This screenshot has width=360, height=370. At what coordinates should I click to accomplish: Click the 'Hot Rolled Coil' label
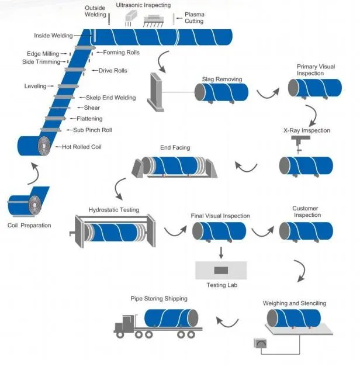(82, 147)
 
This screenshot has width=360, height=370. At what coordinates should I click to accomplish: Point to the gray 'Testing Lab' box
(221, 271)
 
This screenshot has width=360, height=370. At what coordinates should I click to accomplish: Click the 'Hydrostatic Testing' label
(113, 209)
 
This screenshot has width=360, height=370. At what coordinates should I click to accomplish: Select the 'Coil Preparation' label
(29, 226)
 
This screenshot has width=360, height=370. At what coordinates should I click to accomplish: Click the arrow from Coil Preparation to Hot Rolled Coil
(34, 173)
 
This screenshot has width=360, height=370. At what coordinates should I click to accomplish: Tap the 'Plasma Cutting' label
(194, 18)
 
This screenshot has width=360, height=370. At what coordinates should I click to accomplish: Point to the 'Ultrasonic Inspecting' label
(144, 5)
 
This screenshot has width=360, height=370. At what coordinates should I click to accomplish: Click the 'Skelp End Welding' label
(111, 98)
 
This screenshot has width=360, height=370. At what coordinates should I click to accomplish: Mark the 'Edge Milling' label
(43, 54)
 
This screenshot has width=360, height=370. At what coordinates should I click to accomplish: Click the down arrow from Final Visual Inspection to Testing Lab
(221, 252)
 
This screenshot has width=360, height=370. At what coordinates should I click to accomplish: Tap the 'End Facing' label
(175, 148)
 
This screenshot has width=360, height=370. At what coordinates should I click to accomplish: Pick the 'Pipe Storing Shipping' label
(159, 299)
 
